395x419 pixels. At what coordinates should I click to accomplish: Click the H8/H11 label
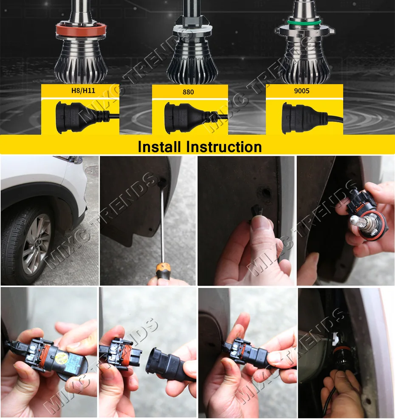pyautogui.click(x=83, y=91)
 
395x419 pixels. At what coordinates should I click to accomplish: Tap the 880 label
pyautogui.click(x=188, y=92)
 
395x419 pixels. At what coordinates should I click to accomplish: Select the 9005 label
pyautogui.click(x=302, y=91)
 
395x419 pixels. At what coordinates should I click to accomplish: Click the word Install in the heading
pyautogui.click(x=159, y=147)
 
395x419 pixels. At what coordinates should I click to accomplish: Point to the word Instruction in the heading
pyautogui.click(x=224, y=147)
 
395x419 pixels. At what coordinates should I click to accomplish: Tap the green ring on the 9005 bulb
pyautogui.click(x=304, y=22)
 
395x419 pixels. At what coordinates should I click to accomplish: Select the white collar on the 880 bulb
pyautogui.click(x=192, y=30)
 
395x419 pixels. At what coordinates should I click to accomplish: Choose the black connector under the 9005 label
pyautogui.click(x=307, y=118)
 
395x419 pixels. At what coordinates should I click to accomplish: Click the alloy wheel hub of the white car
pyautogui.click(x=36, y=243)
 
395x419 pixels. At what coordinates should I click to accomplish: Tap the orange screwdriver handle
pyautogui.click(x=163, y=271)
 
